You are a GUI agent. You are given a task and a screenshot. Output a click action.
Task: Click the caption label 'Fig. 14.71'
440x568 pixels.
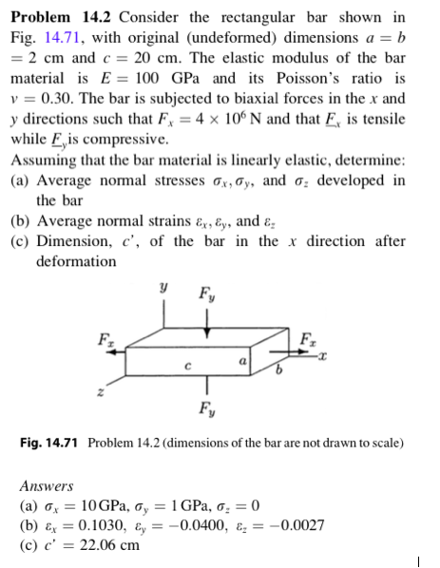pos(53,444)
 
